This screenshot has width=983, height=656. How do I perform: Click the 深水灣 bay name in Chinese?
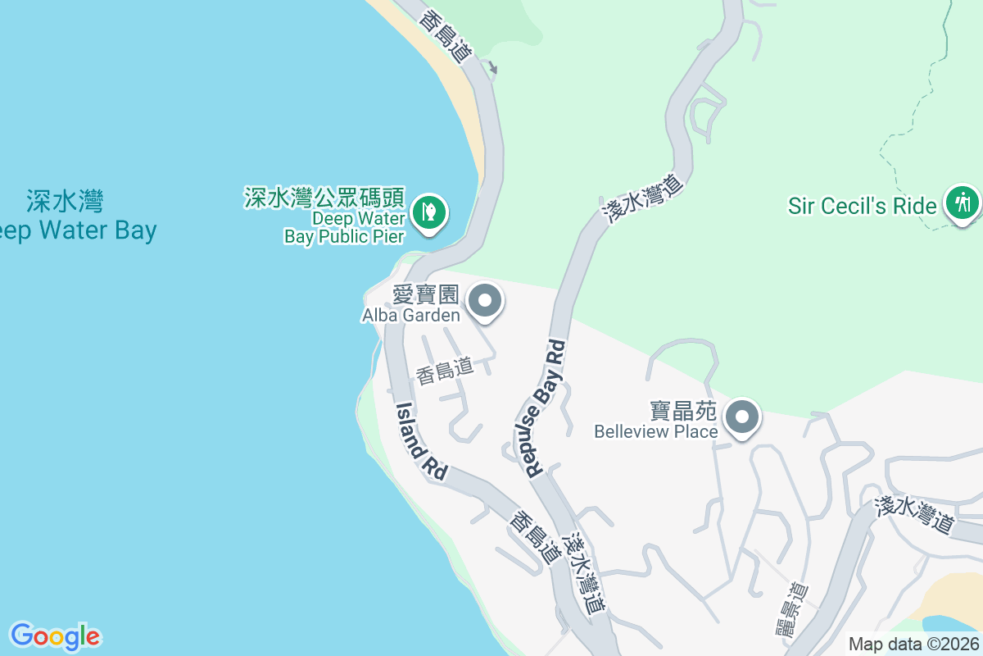(x=65, y=200)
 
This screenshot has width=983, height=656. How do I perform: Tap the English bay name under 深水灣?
(x=78, y=230)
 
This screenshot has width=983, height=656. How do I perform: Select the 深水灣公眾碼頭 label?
(x=324, y=198)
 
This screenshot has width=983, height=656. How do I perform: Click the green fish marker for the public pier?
(x=428, y=212)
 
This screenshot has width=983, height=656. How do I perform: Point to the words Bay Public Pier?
(x=344, y=237)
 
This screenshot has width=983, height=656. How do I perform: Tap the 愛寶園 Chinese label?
(x=425, y=294)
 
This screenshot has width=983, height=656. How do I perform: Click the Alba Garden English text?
(x=411, y=314)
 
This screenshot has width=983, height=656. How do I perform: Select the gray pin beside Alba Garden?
(x=486, y=301)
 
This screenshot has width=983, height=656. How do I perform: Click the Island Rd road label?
(x=421, y=441)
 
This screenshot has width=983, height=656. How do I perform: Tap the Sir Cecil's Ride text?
(x=862, y=205)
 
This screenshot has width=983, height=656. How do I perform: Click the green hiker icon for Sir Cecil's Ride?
(x=962, y=202)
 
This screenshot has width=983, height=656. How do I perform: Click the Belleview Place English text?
(x=656, y=431)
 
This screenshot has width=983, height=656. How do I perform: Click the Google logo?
(x=55, y=635)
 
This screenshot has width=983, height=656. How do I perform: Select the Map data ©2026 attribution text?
(x=913, y=644)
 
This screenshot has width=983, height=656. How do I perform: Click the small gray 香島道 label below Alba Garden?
(x=445, y=371)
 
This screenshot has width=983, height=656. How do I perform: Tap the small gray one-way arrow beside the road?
(x=491, y=67)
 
